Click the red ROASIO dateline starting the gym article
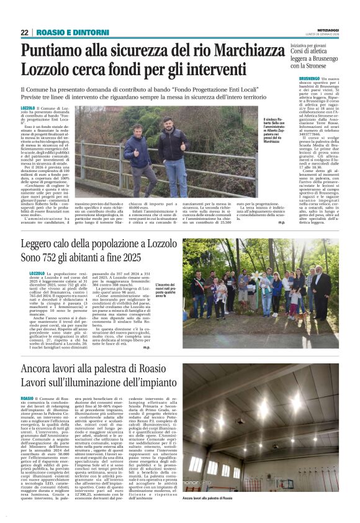[27, 399]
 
